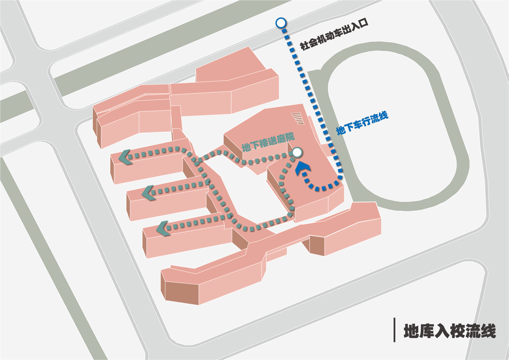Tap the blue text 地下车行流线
[x=363, y=123]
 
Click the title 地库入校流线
[x=450, y=331]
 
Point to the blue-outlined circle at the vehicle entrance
[x=280, y=22]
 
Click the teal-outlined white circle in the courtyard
[x=297, y=153]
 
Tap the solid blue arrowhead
[x=303, y=169]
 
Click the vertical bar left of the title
[x=395, y=330]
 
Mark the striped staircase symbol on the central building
[x=298, y=118]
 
